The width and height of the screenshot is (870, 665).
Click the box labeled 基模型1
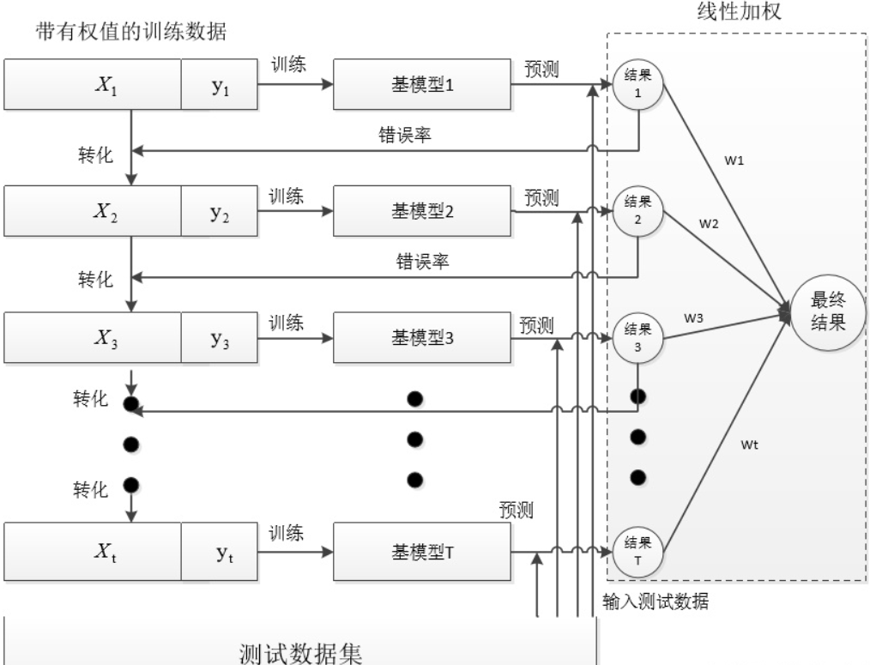pos(421,85)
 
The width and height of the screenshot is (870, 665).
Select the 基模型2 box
pos(421,211)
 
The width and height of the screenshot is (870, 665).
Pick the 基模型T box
pos(422,550)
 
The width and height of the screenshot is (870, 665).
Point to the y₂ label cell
pos(220,211)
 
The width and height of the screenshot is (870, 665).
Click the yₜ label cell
pos(220,550)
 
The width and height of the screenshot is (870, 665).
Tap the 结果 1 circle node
pos(637,85)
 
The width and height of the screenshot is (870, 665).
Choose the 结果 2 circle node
pos(637,211)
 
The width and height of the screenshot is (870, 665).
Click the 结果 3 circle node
pos(637,337)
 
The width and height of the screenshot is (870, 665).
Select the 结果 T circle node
pos(637,550)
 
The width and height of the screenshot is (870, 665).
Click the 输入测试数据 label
pos(655,602)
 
